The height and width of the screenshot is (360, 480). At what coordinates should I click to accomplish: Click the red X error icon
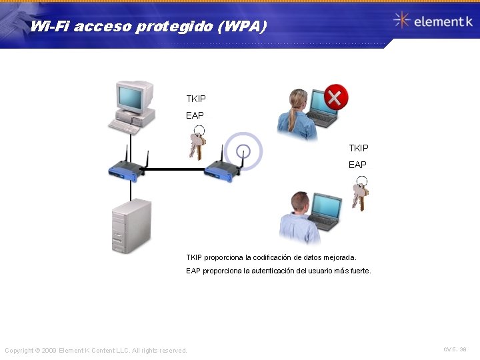pyautogui.click(x=336, y=98)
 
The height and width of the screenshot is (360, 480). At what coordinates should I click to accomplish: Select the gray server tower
pyautogui.click(x=131, y=225)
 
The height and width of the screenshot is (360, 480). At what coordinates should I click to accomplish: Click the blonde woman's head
pyautogui.click(x=297, y=101)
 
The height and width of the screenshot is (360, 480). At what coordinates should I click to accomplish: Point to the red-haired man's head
pyautogui.click(x=301, y=203)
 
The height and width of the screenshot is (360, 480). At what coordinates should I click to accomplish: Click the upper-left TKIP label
pyautogui.click(x=196, y=99)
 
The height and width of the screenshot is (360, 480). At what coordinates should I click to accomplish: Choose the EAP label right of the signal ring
pyautogui.click(x=357, y=164)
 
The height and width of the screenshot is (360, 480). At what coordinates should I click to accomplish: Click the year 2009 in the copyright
pyautogui.click(x=49, y=351)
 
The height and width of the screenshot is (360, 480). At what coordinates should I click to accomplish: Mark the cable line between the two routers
pyautogui.click(x=173, y=169)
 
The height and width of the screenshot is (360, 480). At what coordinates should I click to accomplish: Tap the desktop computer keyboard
pyautogui.click(x=125, y=126)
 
